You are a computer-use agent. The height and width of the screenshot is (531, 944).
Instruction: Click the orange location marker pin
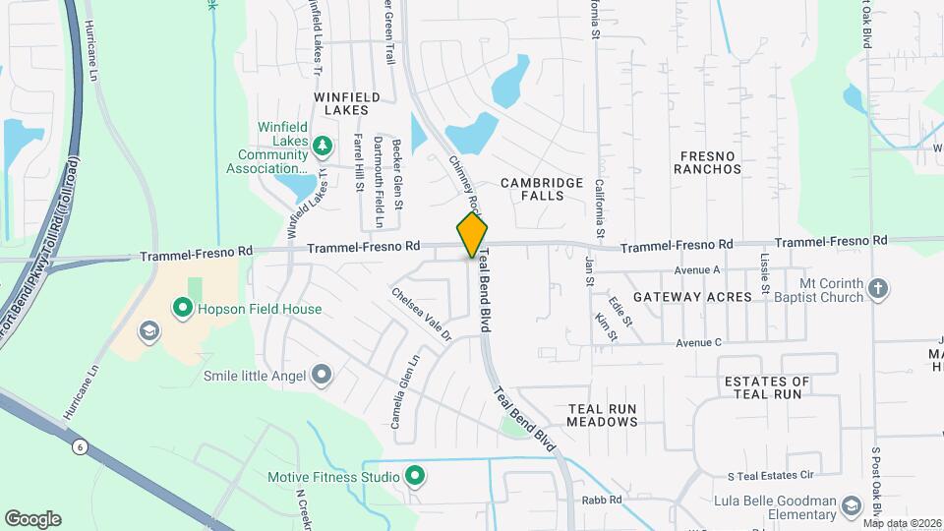[473, 235]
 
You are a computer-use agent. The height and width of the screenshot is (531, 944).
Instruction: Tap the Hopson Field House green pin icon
[182, 309]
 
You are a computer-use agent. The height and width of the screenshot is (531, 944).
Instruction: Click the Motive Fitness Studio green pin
[415, 478]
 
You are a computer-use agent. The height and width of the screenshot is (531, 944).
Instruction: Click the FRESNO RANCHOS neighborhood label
[707, 162]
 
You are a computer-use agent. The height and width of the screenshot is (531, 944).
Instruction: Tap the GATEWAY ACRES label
[692, 296]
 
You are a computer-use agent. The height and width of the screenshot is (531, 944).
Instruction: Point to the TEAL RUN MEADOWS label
[603, 415]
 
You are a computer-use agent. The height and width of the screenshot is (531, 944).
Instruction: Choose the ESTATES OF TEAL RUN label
[766, 387]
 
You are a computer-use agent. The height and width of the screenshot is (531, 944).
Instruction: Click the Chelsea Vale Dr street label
[420, 314]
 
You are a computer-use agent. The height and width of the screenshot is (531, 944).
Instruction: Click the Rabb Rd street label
[602, 500]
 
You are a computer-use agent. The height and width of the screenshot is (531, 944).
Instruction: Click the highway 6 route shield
[77, 446]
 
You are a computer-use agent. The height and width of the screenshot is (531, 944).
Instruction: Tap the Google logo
[32, 519]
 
